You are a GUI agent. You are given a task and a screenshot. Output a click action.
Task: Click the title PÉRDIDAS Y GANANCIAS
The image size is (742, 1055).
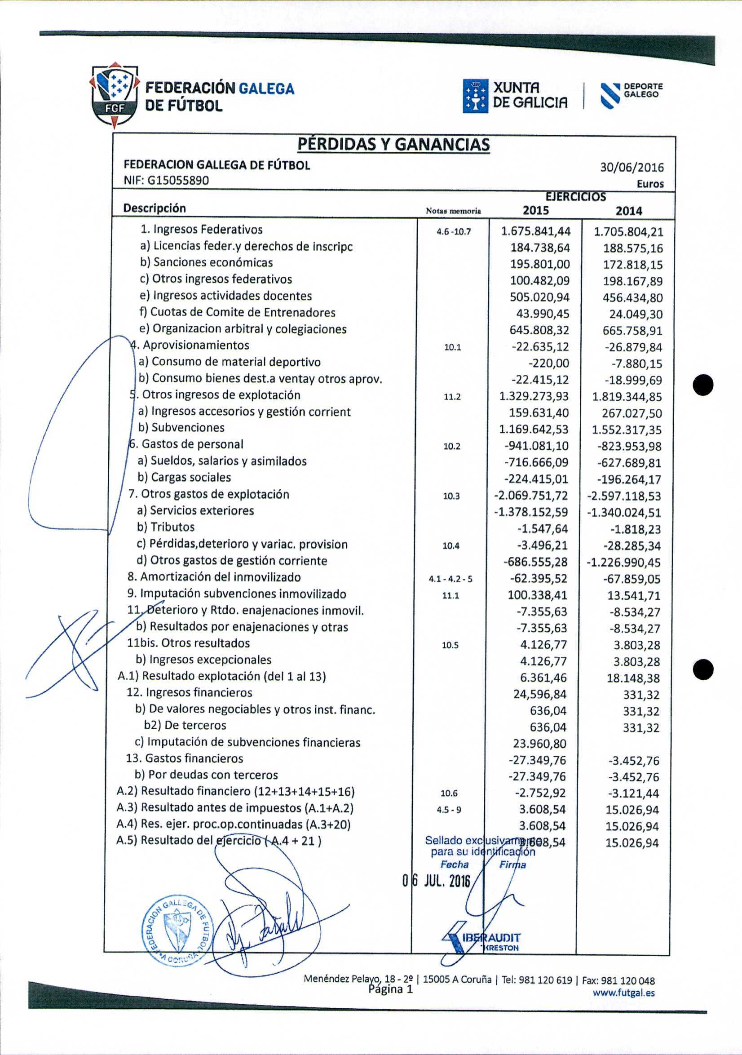pyautogui.click(x=393, y=145)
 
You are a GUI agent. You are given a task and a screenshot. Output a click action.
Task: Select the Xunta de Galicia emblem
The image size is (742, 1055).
pyautogui.click(x=475, y=96)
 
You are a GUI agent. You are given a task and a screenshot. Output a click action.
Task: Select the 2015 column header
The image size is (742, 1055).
pyautogui.click(x=536, y=210)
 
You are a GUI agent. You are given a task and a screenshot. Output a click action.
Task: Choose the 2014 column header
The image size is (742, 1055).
pyautogui.click(x=628, y=211)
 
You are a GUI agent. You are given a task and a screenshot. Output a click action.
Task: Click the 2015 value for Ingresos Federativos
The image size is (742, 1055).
pyautogui.click(x=536, y=231)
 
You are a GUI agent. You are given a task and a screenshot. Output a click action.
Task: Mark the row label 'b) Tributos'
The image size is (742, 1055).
pyautogui.click(x=166, y=527)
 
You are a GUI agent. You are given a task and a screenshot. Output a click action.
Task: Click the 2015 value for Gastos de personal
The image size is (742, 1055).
pyautogui.click(x=536, y=446)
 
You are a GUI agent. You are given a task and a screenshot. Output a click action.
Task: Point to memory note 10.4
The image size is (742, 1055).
pyautogui.click(x=450, y=546)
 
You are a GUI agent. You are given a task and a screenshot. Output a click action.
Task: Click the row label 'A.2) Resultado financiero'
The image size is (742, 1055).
pyautogui.click(x=235, y=791)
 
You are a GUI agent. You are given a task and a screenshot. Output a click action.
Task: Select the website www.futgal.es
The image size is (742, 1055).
pyautogui.click(x=623, y=993)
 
